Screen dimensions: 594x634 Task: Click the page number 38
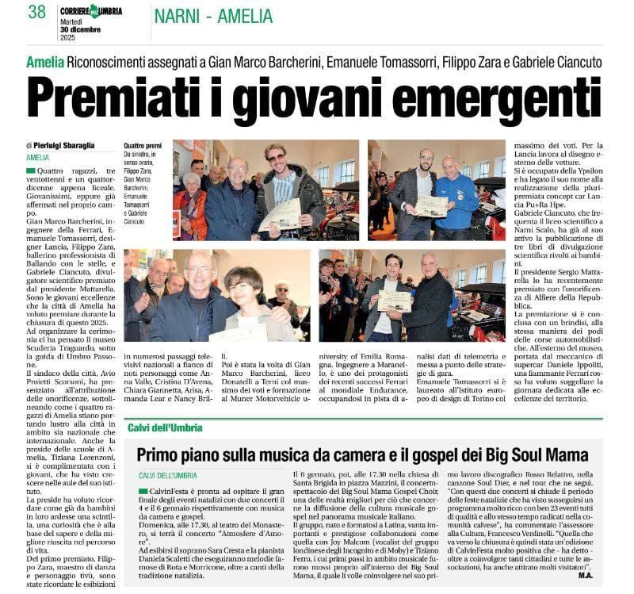37,12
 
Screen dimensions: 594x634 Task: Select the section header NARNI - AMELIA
213,16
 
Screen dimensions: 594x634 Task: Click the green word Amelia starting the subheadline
44,62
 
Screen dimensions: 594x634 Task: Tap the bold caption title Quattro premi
143,146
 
